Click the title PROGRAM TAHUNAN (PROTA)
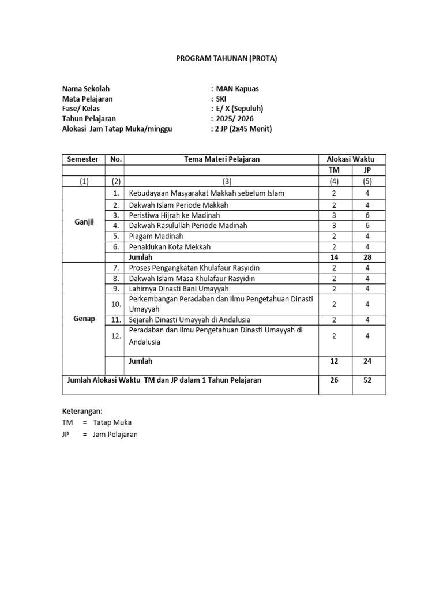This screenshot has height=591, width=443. pyautogui.click(x=221, y=58)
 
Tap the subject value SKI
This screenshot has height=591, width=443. pyautogui.click(x=221, y=99)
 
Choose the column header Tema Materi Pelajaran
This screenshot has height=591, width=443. pyautogui.click(x=221, y=159)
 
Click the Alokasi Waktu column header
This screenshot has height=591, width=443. pyautogui.click(x=351, y=159)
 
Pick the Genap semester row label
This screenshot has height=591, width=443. pyautogui.click(x=84, y=319)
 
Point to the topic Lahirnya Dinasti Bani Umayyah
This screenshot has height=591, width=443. pyautogui.click(x=179, y=289)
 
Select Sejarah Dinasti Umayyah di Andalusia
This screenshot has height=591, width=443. pyautogui.click(x=190, y=320)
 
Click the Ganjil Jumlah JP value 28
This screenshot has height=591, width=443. pyautogui.click(x=367, y=257)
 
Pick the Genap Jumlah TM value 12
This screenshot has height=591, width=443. pyautogui.click(x=335, y=361)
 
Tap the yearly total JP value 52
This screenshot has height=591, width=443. pyautogui.click(x=367, y=380)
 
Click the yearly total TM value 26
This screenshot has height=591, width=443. pyautogui.click(x=335, y=380)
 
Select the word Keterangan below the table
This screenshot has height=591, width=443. pyautogui.click(x=82, y=412)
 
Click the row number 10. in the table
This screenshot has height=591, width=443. pyautogui.click(x=115, y=304)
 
